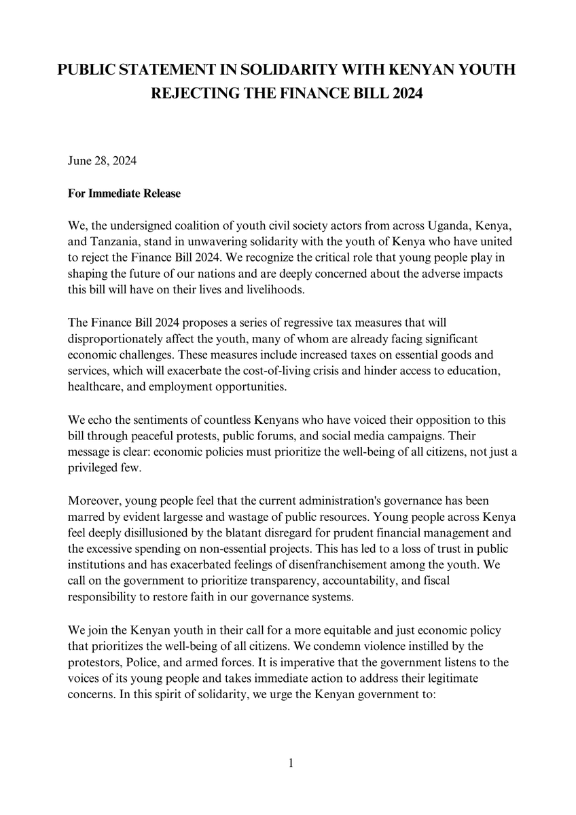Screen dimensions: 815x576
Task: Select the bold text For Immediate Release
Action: coord(124,194)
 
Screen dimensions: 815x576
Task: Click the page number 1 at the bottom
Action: coord(291,763)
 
